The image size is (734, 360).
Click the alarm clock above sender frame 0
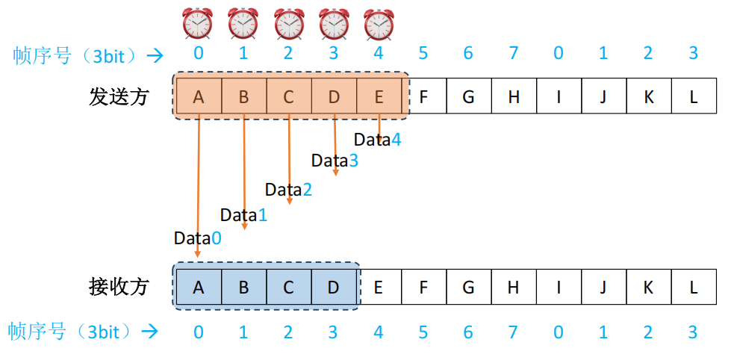pyautogui.click(x=198, y=23)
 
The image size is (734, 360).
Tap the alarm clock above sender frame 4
pyautogui.click(x=379, y=23)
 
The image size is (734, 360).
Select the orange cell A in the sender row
pyautogui.click(x=198, y=96)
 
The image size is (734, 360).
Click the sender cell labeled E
pyautogui.click(x=379, y=96)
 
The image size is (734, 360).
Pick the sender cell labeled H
pyautogui.click(x=514, y=96)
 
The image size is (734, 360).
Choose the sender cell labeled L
pyautogui.click(x=694, y=96)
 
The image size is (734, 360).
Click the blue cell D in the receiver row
pyautogui.click(x=333, y=287)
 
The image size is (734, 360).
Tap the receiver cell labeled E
pyautogui.click(x=379, y=287)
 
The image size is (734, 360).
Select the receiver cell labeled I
pyautogui.click(x=559, y=287)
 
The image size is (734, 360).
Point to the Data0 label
pyautogui.click(x=198, y=238)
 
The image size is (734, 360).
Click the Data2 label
pyautogui.click(x=288, y=190)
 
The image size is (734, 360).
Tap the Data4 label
pyautogui.click(x=377, y=140)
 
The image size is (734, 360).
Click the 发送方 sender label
pyautogui.click(x=119, y=96)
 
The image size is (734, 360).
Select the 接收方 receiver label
pyautogui.click(x=119, y=287)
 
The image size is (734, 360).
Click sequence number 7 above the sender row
pyautogui.click(x=514, y=53)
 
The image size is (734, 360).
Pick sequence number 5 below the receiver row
pyautogui.click(x=423, y=332)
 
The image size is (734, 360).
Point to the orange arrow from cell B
pyautogui.click(x=244, y=172)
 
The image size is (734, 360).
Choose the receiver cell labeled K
pyautogui.click(x=649, y=287)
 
